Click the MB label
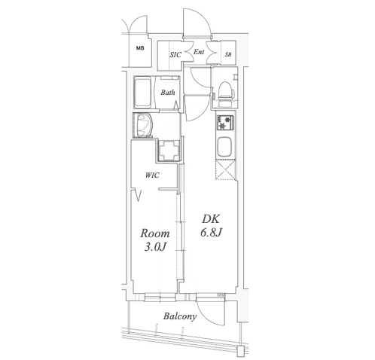(140, 48)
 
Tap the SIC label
(175, 54)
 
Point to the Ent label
(199, 52)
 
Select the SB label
(228, 54)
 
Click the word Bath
(168, 93)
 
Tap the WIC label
(152, 175)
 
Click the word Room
(155, 233)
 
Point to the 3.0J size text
(155, 248)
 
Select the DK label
(211, 219)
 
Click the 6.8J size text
(211, 233)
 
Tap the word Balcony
(180, 316)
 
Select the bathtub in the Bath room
(143, 92)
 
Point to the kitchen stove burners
(225, 122)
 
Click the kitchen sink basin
(225, 147)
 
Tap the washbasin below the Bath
(144, 125)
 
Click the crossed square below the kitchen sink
(225, 170)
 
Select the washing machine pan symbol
(169, 150)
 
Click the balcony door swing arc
(209, 315)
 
